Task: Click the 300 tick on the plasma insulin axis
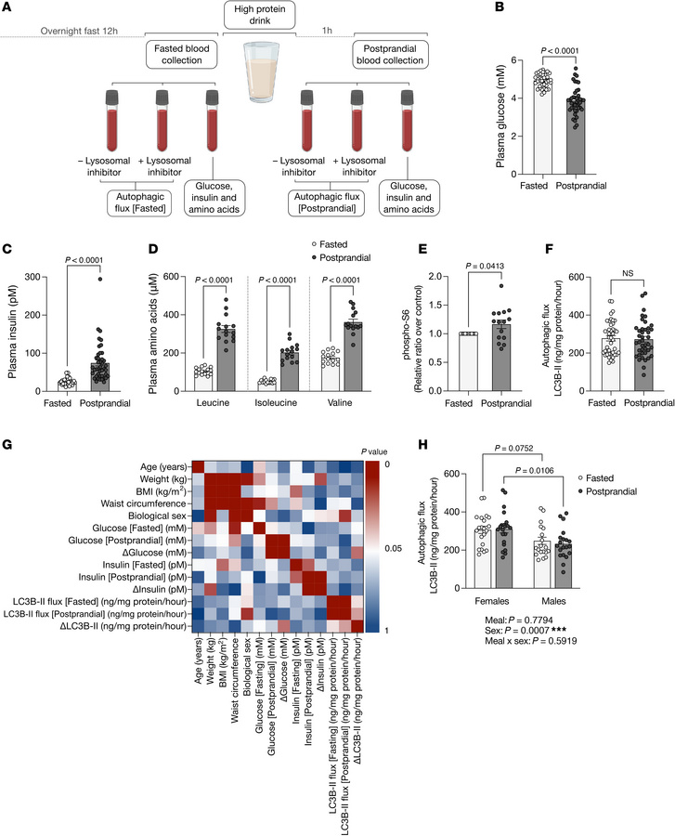(x=48, y=277)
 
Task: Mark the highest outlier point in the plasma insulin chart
(x=95, y=279)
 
